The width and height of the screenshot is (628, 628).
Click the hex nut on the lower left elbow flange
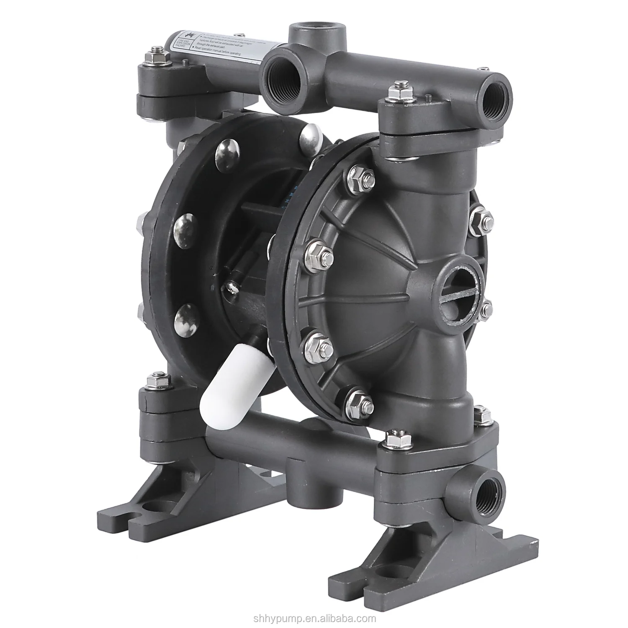pos(161,381)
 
